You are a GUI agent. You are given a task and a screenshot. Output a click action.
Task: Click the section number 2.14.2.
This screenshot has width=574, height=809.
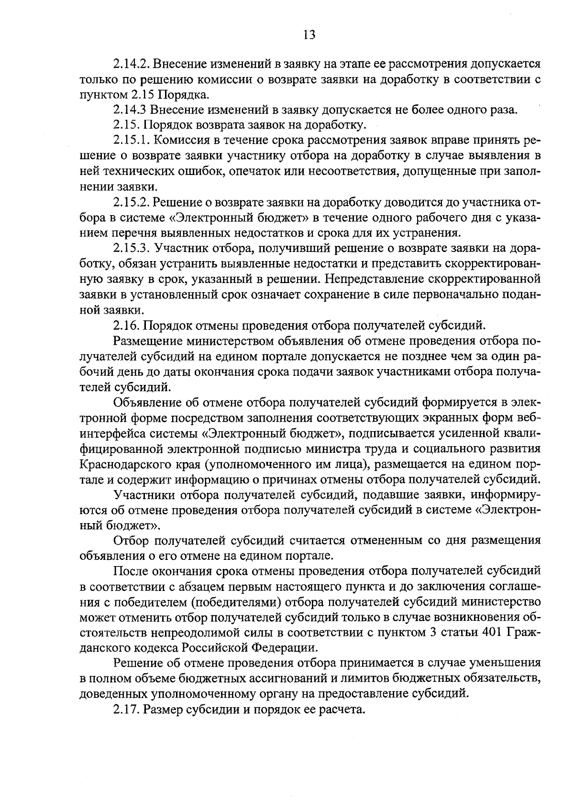click(132, 64)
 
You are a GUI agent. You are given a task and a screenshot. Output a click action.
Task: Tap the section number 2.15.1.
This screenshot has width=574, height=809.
click(132, 141)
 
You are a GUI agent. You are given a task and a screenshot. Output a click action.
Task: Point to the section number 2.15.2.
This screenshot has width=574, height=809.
click(132, 203)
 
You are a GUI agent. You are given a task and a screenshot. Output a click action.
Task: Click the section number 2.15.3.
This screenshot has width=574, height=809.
click(132, 249)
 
